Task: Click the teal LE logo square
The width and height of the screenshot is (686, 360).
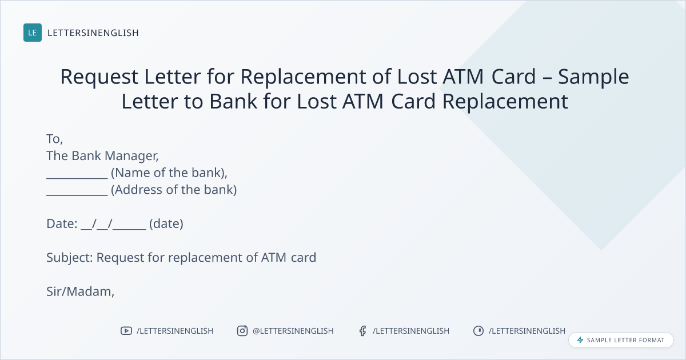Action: pos(33,33)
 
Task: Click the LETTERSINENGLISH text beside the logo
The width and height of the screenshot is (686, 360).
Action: pos(93,33)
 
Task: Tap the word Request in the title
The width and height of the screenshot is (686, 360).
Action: pos(99,77)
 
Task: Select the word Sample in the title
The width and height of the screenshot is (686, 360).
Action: pos(593,77)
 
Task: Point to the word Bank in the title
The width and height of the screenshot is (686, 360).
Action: pos(233,101)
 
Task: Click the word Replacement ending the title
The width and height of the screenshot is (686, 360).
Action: pos(505,102)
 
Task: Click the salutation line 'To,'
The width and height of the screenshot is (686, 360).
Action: pos(54,139)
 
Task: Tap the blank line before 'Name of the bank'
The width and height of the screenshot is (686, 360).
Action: pos(77,178)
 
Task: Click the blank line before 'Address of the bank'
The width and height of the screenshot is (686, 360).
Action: pos(77,195)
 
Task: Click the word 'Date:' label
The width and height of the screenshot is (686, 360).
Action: pos(62,224)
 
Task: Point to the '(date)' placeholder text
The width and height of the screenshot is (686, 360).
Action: pos(166,224)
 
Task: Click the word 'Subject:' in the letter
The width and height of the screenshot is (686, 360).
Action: pos(70,258)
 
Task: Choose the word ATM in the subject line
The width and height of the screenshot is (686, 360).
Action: pos(274,258)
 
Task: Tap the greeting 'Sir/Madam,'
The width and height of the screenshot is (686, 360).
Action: pos(80,292)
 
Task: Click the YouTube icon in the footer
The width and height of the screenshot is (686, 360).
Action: pos(126,331)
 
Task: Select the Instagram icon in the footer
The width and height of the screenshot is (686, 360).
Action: pos(242,331)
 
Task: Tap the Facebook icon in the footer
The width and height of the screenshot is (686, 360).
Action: pos(362,331)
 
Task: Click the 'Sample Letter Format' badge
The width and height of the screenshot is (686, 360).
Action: pos(621,340)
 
